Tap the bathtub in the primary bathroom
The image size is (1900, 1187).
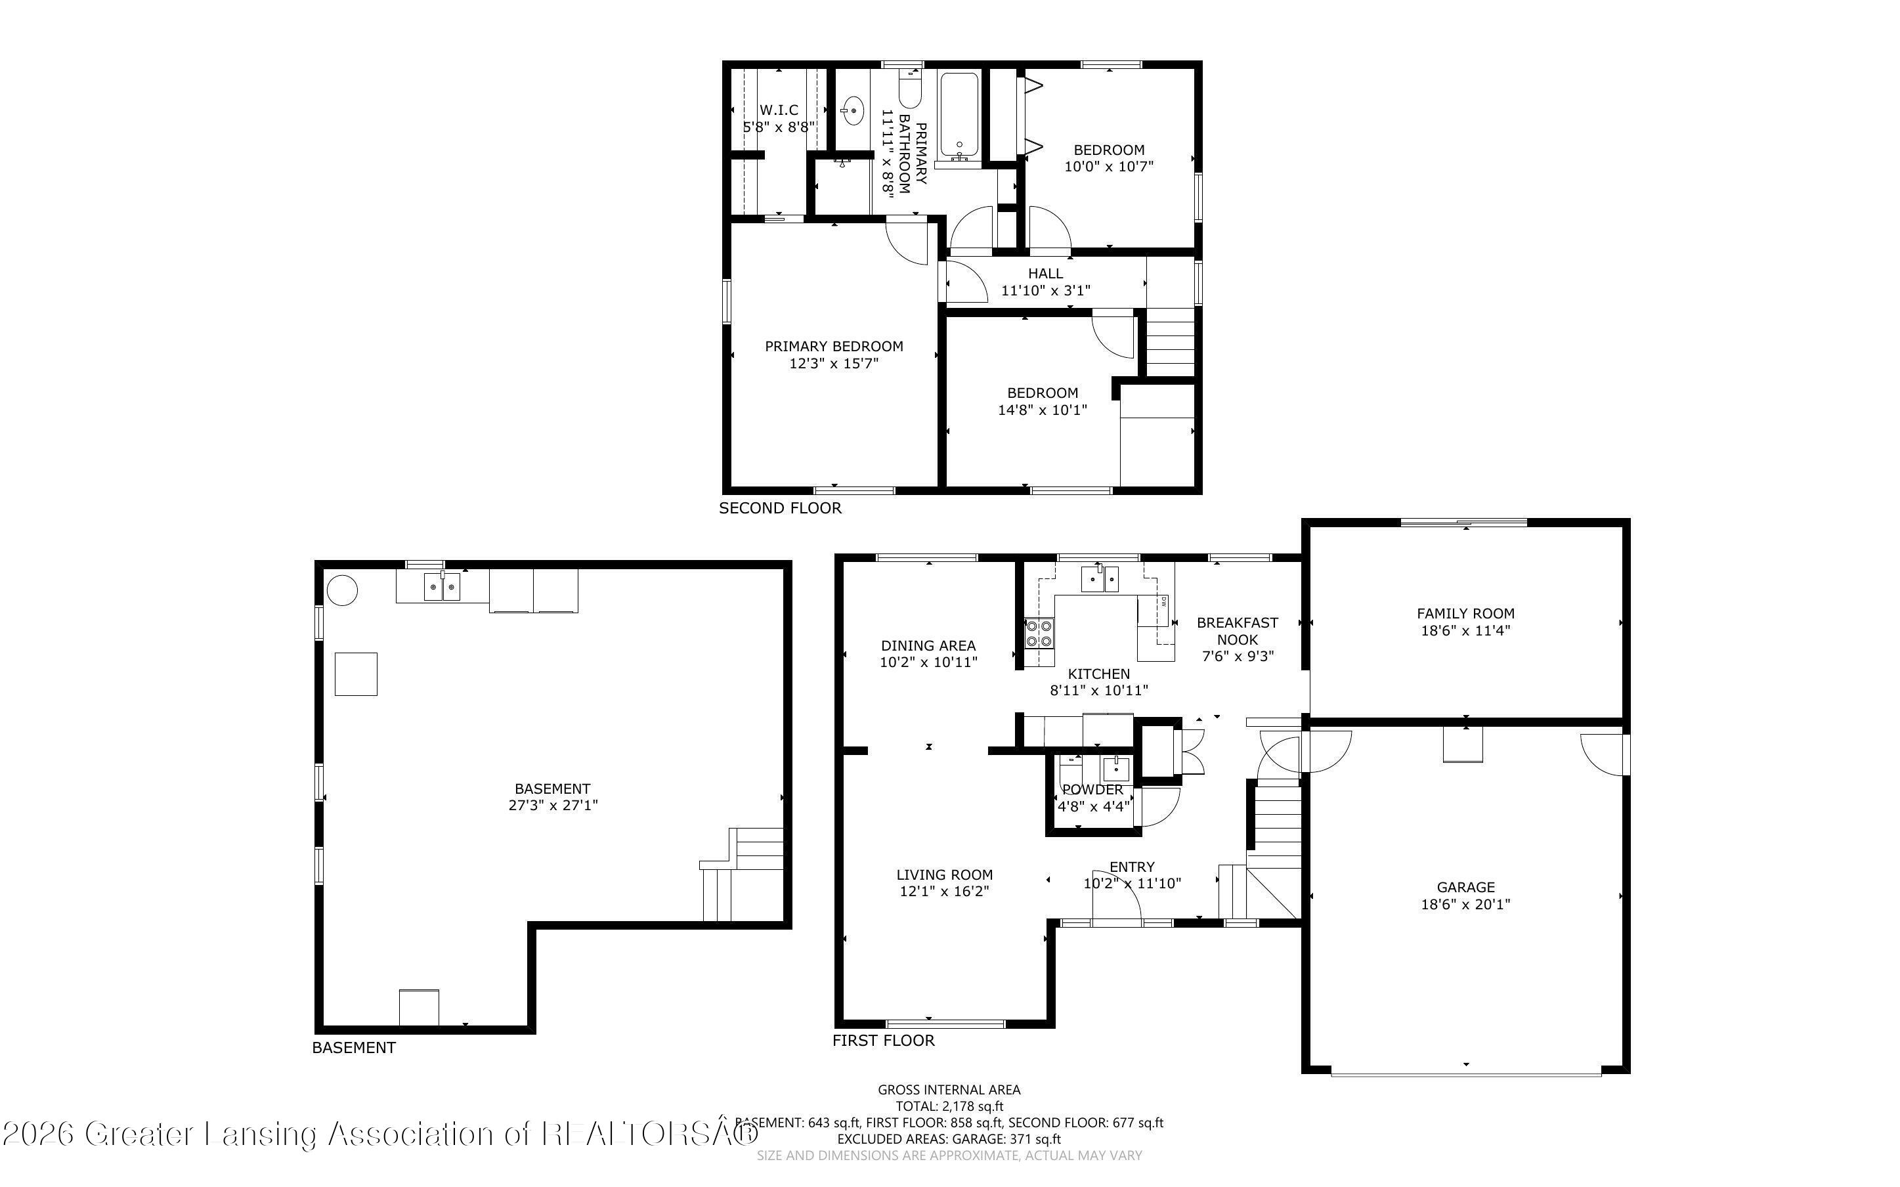pos(959,116)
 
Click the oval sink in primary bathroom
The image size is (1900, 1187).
pos(853,111)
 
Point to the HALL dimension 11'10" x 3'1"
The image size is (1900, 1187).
pos(1045,290)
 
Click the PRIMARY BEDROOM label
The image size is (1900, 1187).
pos(833,346)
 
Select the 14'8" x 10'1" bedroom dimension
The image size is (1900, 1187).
pos(1042,410)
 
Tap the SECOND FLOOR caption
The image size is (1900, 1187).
pos(780,508)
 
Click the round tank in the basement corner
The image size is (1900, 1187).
pos(342,590)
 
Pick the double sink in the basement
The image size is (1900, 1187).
pos(443,587)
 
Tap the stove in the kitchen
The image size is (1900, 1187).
pos(1039,633)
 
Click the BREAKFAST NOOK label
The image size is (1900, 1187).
pos(1237,631)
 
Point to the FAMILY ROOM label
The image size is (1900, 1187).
pos(1465,614)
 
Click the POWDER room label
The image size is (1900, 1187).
pos(1092,790)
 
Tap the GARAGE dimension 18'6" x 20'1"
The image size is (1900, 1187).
pos(1465,905)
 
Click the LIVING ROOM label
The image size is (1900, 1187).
pos(944,874)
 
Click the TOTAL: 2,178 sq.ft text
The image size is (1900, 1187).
pos(949,1106)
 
